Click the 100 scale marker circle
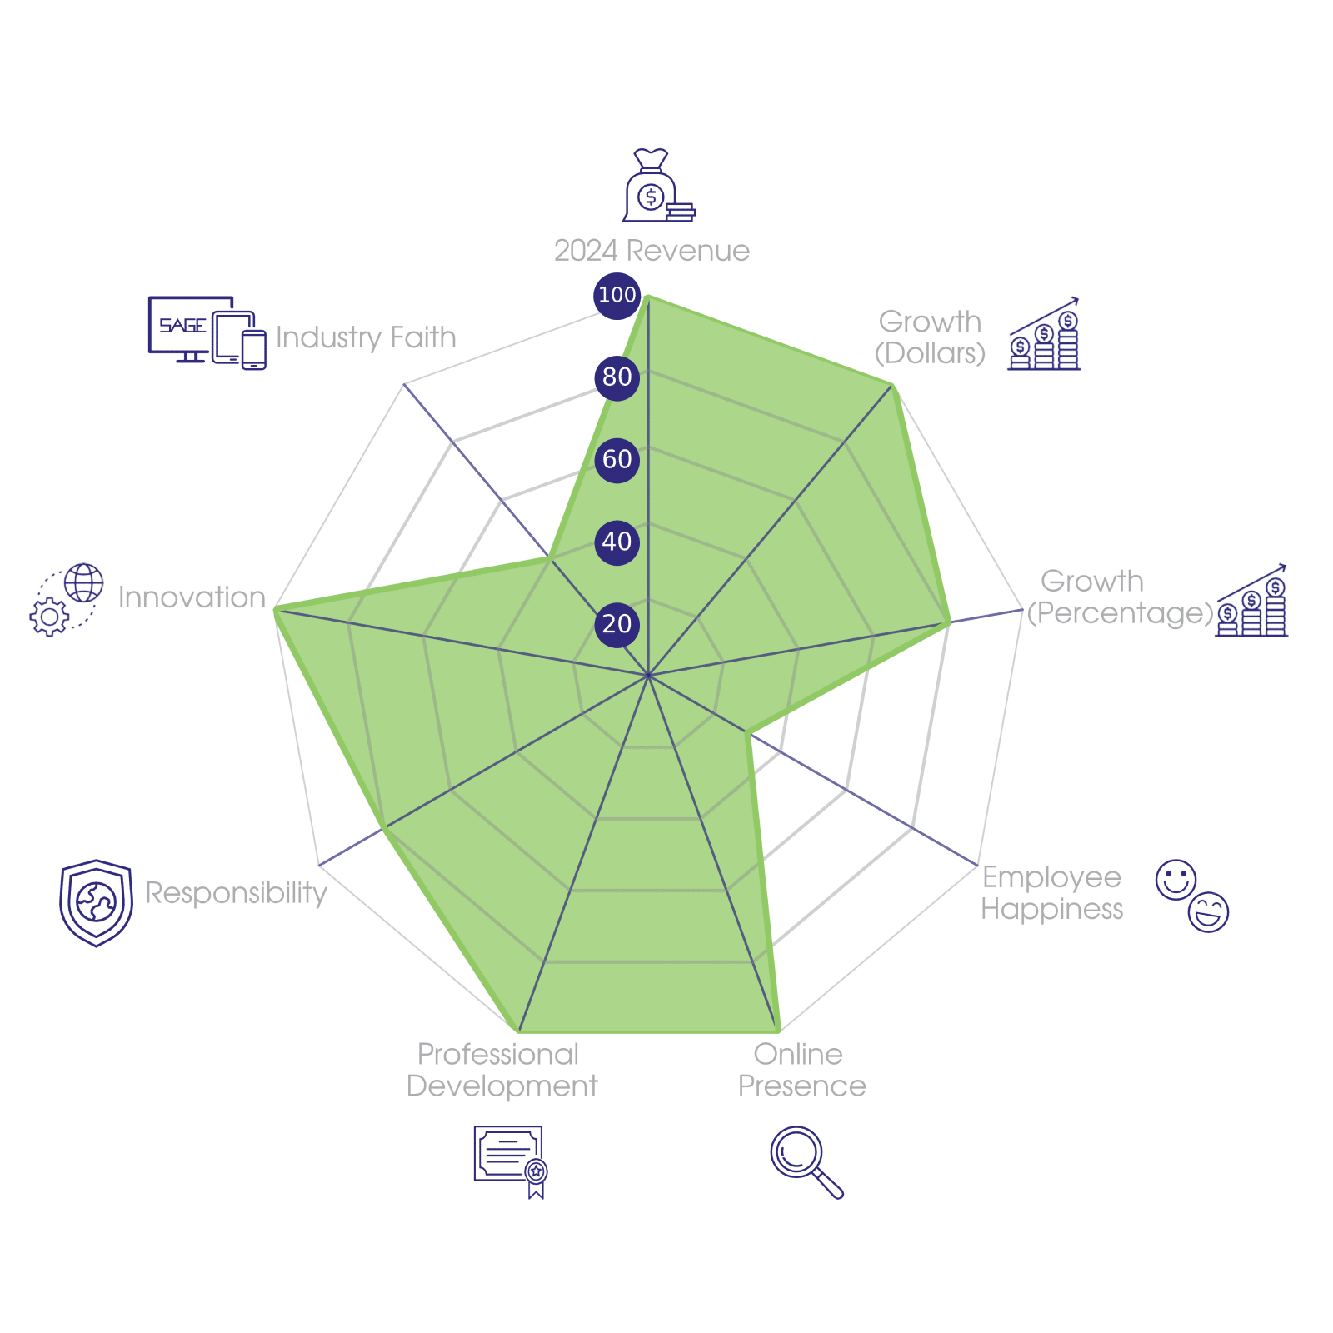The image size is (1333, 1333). (x=617, y=295)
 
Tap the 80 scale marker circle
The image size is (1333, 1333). (x=617, y=377)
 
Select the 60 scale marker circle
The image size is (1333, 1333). (x=617, y=459)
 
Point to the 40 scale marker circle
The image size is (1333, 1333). (x=617, y=542)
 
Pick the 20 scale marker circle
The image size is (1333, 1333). (x=617, y=624)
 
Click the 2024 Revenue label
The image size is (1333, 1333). (x=652, y=251)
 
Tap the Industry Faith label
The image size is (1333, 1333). (x=366, y=337)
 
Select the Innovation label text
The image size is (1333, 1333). (x=192, y=597)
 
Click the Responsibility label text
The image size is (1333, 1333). (x=237, y=892)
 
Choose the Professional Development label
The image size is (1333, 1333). (x=501, y=1071)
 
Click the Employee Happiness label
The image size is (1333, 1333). (x=1051, y=892)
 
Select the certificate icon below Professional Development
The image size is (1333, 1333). (x=510, y=1161)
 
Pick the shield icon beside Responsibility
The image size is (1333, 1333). (x=96, y=903)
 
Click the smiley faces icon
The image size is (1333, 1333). (x=1192, y=895)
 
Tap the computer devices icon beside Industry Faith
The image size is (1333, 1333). (x=207, y=332)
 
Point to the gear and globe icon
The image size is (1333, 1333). (x=67, y=600)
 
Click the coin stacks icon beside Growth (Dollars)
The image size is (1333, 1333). (x=1044, y=334)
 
